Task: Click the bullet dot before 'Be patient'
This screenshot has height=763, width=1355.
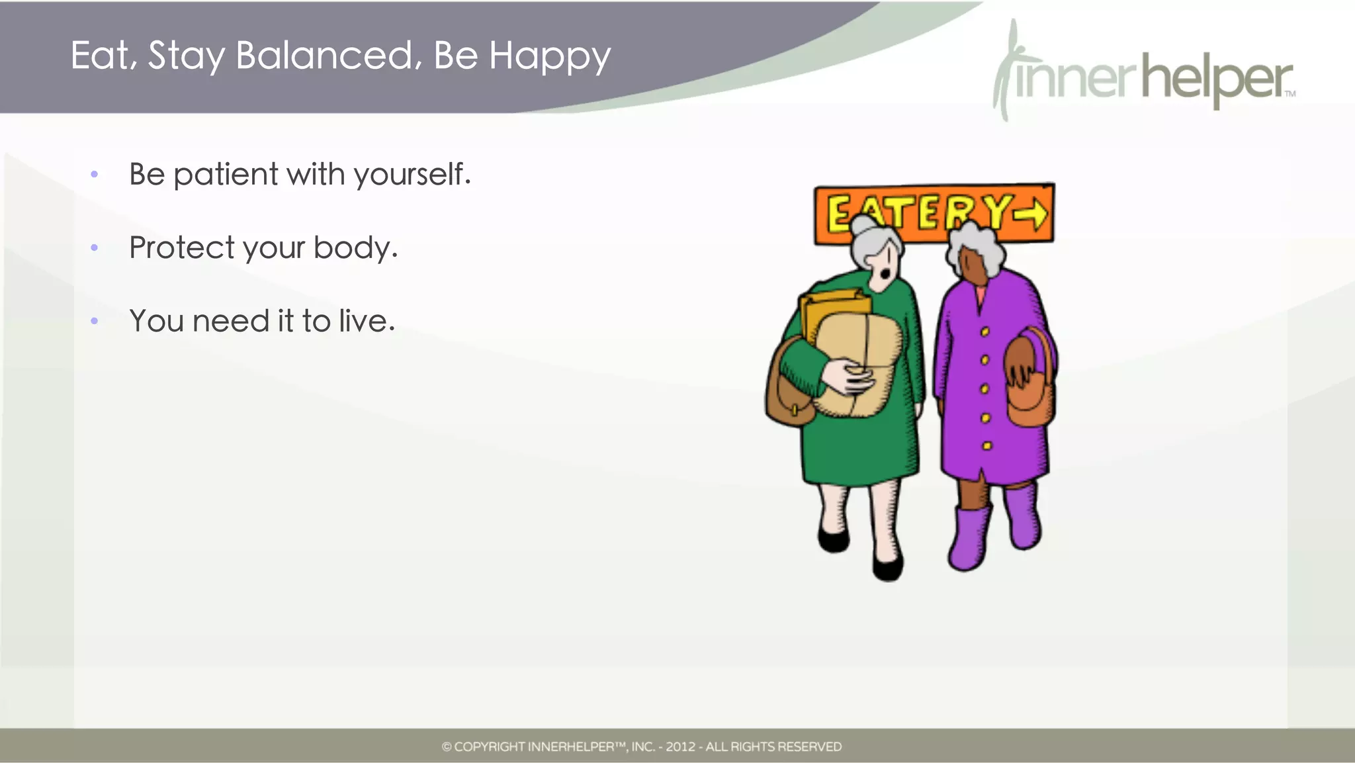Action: click(95, 175)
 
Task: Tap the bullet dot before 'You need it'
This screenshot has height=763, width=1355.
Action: click(95, 322)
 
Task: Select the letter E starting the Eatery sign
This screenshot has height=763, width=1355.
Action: click(840, 214)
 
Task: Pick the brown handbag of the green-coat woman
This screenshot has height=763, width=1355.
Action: click(787, 390)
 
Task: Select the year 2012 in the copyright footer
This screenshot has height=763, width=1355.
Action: click(680, 747)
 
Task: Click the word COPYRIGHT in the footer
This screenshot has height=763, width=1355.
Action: click(489, 747)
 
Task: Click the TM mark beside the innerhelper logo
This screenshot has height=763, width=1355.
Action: click(1290, 94)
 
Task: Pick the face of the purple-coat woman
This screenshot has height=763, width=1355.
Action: click(971, 265)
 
